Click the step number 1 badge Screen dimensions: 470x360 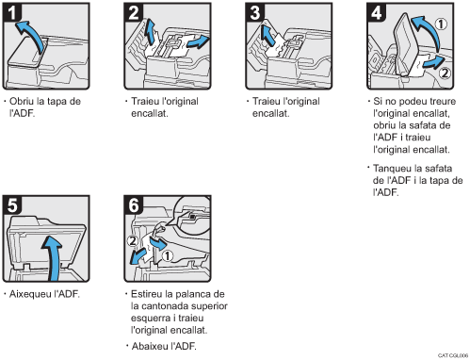12,12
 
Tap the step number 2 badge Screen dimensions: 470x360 134,12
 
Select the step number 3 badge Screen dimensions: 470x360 255,12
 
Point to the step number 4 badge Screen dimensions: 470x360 377,12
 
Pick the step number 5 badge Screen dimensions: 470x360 12,205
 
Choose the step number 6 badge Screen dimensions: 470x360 134,205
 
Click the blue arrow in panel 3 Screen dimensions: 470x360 267,35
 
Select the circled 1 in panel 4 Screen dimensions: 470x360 441,24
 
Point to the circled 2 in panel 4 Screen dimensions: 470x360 445,74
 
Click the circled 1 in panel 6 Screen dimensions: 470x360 168,255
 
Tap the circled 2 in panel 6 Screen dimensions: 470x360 133,241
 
